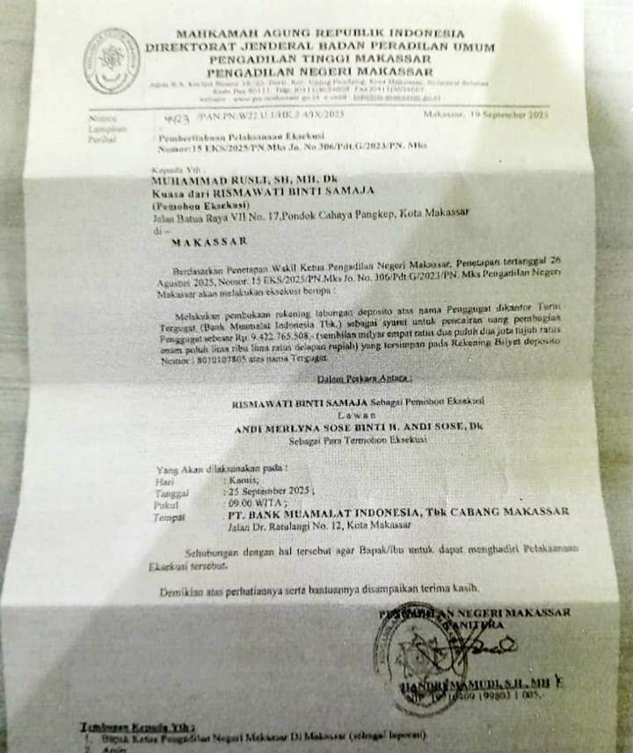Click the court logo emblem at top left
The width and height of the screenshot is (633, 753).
tap(111, 61)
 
